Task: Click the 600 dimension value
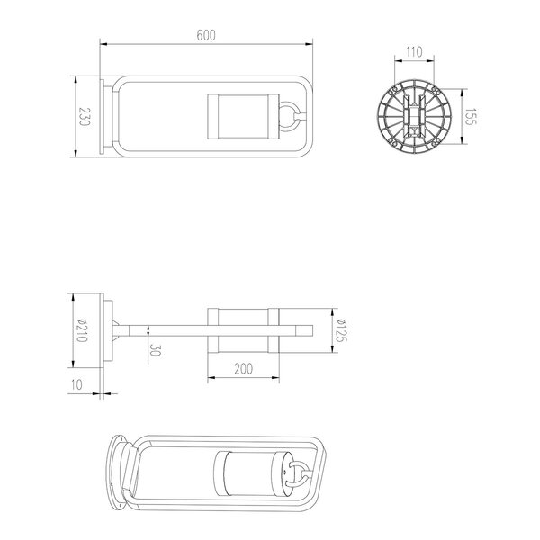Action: (205, 35)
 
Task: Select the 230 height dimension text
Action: (84, 118)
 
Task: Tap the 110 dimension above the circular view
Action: (413, 52)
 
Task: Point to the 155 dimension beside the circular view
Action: (469, 117)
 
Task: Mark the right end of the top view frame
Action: (309, 117)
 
